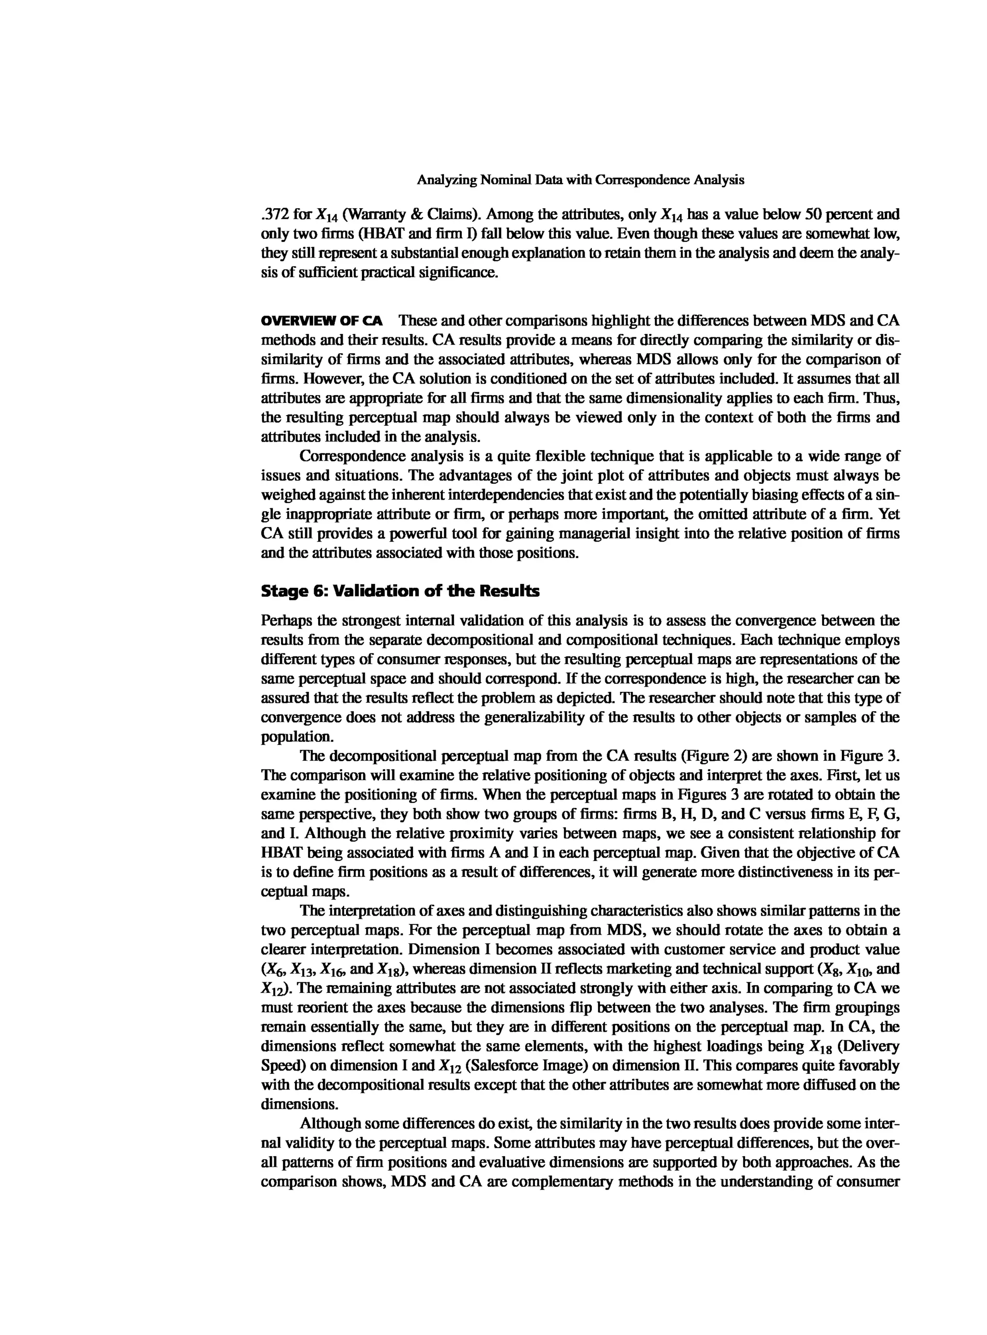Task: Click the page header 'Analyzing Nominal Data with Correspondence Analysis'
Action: pos(580,180)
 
